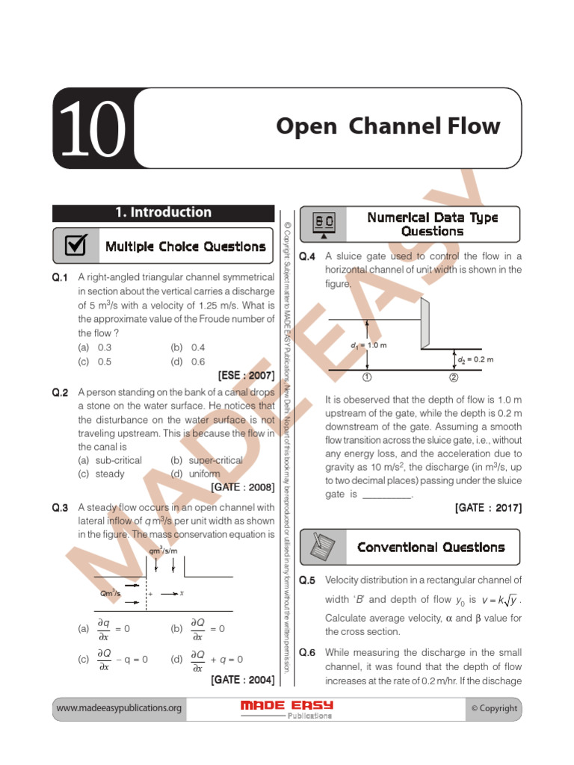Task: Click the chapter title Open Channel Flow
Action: click(387, 126)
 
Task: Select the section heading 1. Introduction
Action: click(163, 212)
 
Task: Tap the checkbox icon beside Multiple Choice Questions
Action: click(75, 246)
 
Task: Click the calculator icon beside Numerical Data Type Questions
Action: click(324, 224)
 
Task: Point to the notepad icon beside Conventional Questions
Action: click(323, 547)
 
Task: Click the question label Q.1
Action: click(61, 278)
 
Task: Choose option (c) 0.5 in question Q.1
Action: click(95, 361)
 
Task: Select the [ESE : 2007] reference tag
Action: click(246, 375)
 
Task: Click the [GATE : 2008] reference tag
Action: click(242, 487)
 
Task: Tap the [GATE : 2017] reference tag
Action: click(488, 508)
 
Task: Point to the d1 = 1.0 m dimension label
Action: click(368, 347)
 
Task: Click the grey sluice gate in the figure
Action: click(425, 323)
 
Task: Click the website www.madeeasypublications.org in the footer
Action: click(119, 708)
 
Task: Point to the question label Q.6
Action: click(308, 652)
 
